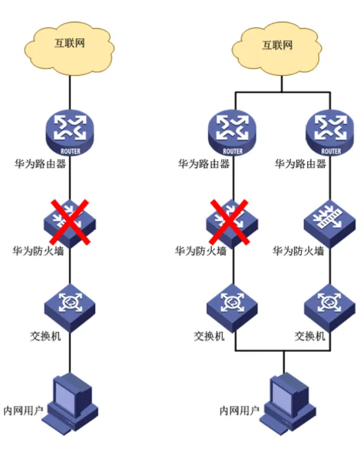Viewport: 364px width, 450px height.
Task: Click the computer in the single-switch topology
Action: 72,401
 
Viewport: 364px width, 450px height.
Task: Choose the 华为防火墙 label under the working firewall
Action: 299,251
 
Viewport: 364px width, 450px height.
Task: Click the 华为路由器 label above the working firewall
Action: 300,164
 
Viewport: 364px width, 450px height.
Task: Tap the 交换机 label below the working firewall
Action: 310,336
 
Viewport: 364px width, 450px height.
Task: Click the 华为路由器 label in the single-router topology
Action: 41,164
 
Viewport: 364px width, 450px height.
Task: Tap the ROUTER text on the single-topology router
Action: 70,151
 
